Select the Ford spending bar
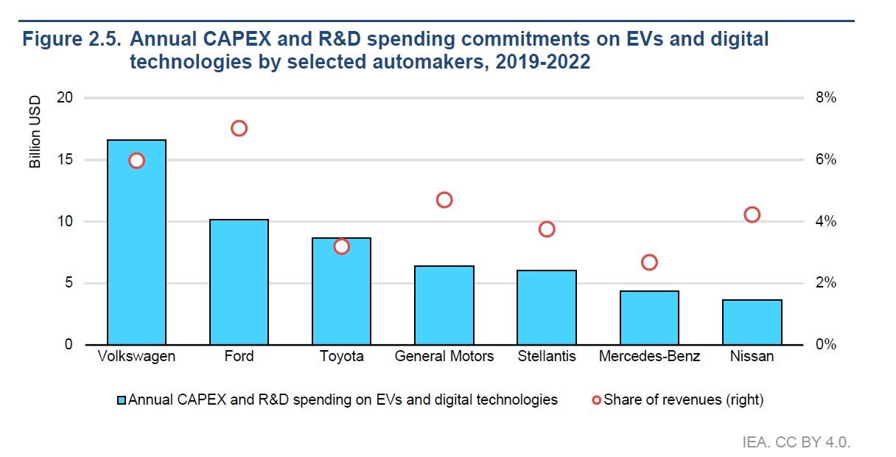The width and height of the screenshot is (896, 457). pos(239,282)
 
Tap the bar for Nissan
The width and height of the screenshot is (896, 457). pos(752,322)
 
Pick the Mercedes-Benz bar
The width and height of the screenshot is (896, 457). pos(649,318)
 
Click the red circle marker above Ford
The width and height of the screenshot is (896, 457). pos(239,121)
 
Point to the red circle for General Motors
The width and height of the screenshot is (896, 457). pos(444,192)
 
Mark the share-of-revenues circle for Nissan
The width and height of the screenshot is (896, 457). pos(752,207)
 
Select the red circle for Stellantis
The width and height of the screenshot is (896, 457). pos(547,222)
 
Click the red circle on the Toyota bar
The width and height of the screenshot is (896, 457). pos(341,240)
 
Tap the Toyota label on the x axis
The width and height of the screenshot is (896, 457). pos(342,356)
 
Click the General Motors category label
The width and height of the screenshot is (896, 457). pos(444,356)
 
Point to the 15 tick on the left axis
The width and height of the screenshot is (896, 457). pos(65,160)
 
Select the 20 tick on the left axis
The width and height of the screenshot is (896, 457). pos(65,97)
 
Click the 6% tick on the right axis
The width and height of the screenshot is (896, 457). pos(825,160)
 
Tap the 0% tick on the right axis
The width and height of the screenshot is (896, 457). pos(825,344)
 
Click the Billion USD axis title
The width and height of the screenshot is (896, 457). pos(35,132)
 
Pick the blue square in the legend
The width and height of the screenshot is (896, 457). pos(122,400)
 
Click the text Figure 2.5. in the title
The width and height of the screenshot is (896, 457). pos(71,39)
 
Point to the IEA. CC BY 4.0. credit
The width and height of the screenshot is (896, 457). pos(797,442)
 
